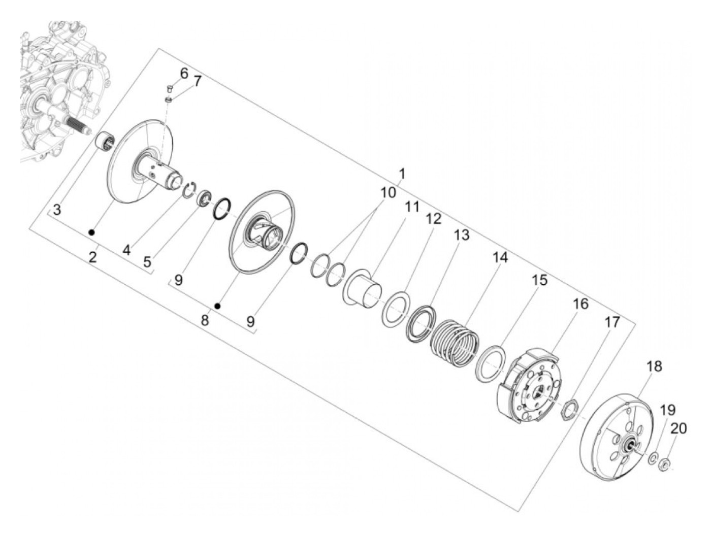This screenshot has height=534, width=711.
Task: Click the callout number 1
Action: pyautogui.click(x=402, y=175)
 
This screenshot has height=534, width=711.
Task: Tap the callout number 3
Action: pyautogui.click(x=57, y=210)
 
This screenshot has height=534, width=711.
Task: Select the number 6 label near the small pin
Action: pyautogui.click(x=184, y=74)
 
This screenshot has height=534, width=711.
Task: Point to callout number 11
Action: pyautogui.click(x=412, y=207)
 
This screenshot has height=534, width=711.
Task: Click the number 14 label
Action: pyautogui.click(x=500, y=258)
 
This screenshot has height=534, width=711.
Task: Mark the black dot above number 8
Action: pyautogui.click(x=218, y=306)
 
